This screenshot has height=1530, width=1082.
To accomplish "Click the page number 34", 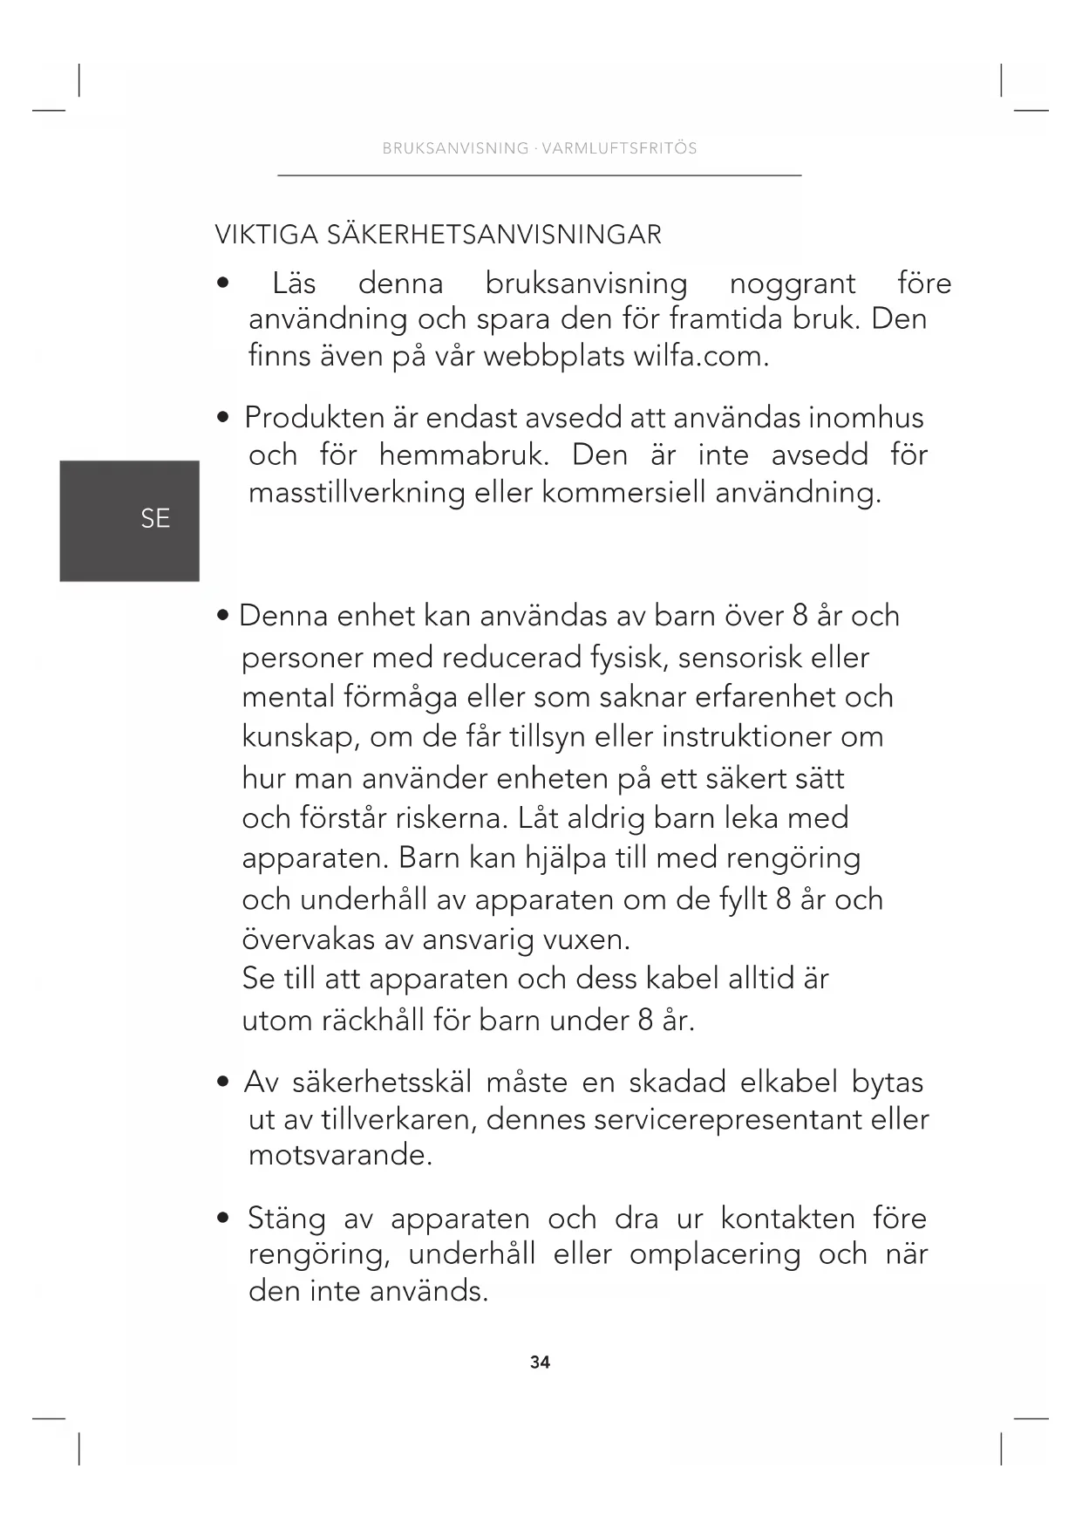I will (x=540, y=1362).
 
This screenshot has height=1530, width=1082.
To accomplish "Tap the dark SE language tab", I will (x=130, y=520).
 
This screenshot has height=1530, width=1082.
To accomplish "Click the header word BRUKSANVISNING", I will (x=455, y=148).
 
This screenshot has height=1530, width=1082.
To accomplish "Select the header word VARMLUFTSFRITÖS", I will (x=619, y=148).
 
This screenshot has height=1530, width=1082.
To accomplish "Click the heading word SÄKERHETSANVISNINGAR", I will (x=494, y=235).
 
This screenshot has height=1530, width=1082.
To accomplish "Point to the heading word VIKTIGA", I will (x=267, y=235).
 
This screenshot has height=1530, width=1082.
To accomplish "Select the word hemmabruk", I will (x=464, y=455).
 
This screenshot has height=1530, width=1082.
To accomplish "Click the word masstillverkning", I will (x=357, y=493).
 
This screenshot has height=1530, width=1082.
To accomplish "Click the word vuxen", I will (x=586, y=939).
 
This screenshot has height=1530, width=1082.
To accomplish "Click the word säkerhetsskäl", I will (x=382, y=1083).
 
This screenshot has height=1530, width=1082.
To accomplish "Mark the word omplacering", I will (x=715, y=1254).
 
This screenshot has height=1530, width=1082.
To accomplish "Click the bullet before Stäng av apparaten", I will (x=224, y=1218).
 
